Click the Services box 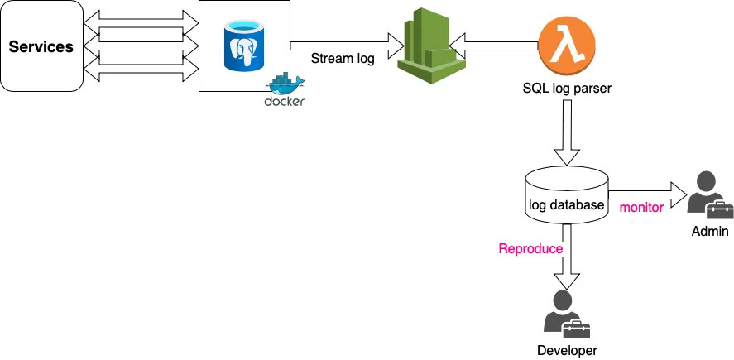41,46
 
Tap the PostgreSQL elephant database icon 244,46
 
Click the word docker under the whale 284,102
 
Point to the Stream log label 343,59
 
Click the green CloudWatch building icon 432,46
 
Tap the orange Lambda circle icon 567,46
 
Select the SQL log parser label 567,88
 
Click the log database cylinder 567,195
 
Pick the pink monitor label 641,208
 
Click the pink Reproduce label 530,248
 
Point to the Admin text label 710,231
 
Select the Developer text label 567,350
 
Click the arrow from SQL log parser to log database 567,132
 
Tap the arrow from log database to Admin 647,194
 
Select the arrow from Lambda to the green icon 493,46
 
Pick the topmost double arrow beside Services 141,19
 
